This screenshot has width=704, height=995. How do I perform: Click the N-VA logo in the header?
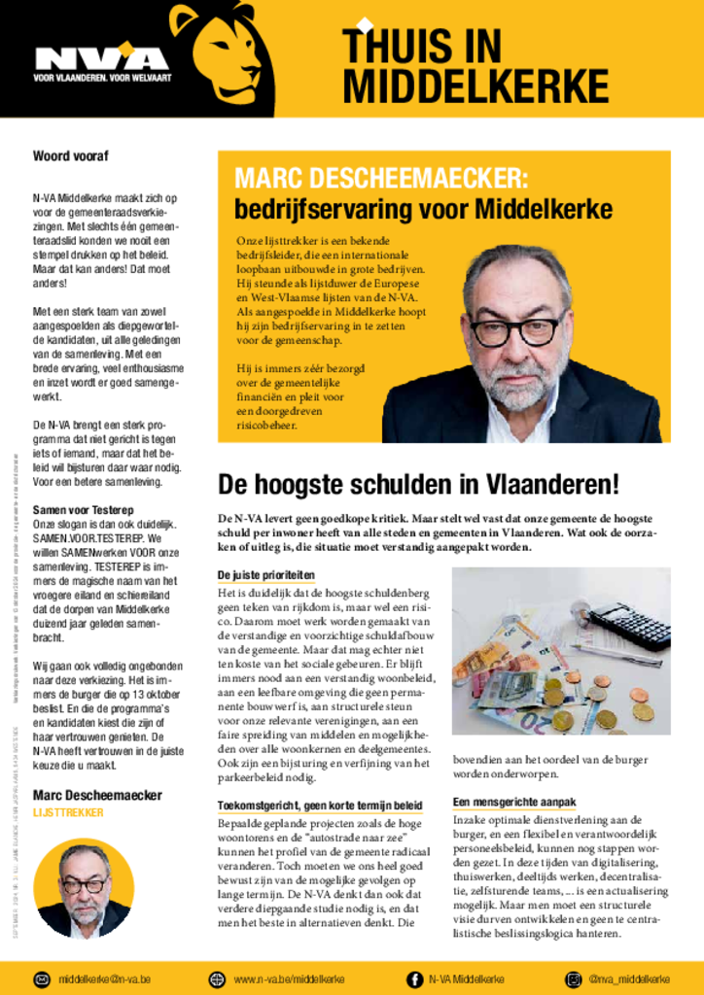point(101,59)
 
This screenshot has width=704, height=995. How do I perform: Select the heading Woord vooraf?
point(71,155)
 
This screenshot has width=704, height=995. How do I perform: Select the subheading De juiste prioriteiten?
point(265,575)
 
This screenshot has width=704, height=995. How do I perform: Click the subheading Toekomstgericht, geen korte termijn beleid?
point(320,806)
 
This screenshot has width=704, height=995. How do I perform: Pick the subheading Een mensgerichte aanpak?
point(514,802)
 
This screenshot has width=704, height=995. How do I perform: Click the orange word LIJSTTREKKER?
point(67,812)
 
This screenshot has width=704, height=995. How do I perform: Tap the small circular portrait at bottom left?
point(83,889)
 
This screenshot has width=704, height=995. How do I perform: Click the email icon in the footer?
point(42,978)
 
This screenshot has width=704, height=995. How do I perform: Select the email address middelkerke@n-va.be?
point(104,978)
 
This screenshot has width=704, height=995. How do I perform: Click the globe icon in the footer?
point(217,978)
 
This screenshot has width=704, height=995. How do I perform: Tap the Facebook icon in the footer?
point(414,978)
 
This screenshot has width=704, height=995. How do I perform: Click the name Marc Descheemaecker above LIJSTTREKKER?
point(97,795)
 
